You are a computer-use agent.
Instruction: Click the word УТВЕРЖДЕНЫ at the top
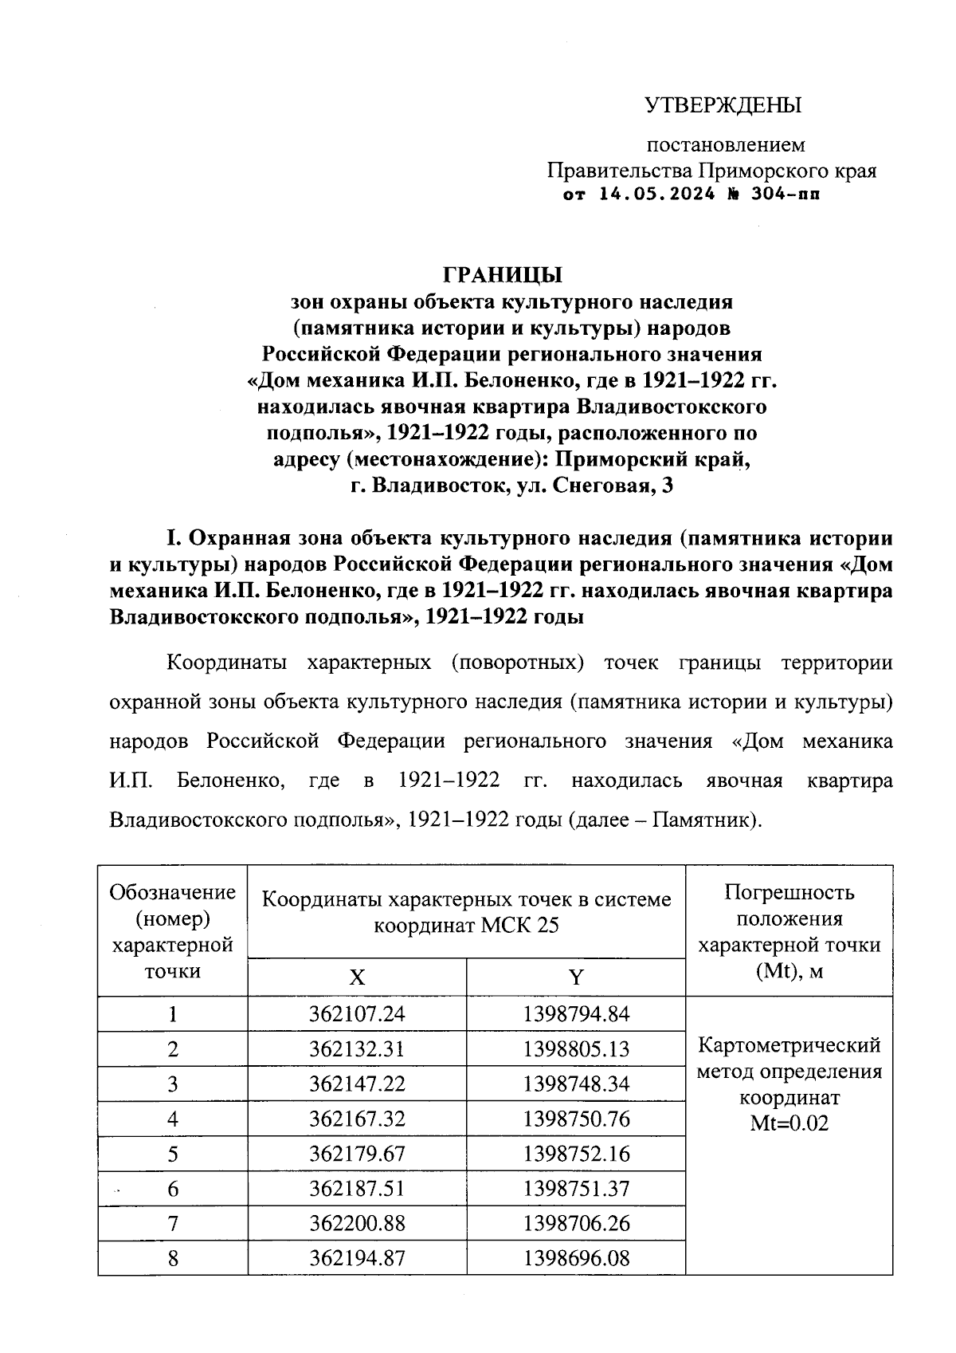coord(723,105)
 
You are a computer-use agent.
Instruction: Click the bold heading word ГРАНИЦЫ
coord(503,275)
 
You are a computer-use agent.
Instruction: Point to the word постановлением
coord(725,145)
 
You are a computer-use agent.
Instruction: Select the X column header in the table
coord(357,977)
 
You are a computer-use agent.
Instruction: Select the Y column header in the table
coord(576,977)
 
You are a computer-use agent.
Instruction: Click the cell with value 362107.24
coord(357,1014)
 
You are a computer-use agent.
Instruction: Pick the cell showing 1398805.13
coord(576,1049)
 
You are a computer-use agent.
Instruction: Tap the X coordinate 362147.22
coord(357,1084)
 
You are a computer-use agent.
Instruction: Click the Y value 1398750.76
coord(576,1119)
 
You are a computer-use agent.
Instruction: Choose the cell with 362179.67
coord(357,1154)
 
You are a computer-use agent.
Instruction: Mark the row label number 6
coord(173,1190)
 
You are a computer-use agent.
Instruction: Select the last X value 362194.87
coord(357,1259)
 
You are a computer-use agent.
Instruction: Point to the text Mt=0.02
coord(789,1124)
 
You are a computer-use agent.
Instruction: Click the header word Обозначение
coord(173,892)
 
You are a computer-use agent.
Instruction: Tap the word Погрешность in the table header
coord(789,892)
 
